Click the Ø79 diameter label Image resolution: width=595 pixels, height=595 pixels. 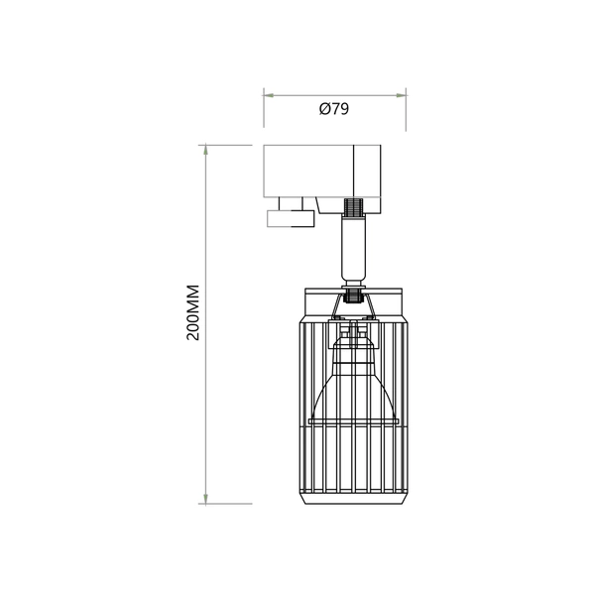click(333, 109)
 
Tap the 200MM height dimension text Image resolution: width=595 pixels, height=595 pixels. click(193, 313)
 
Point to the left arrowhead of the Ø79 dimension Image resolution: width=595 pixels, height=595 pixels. click(266, 94)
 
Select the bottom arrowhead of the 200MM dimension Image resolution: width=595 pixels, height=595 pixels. click(205, 500)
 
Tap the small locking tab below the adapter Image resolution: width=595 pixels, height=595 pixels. click(290, 218)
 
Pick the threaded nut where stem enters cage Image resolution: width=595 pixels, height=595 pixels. click(353, 294)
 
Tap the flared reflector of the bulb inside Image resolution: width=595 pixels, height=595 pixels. click(353, 392)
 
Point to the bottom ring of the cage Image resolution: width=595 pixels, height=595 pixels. click(353, 496)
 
